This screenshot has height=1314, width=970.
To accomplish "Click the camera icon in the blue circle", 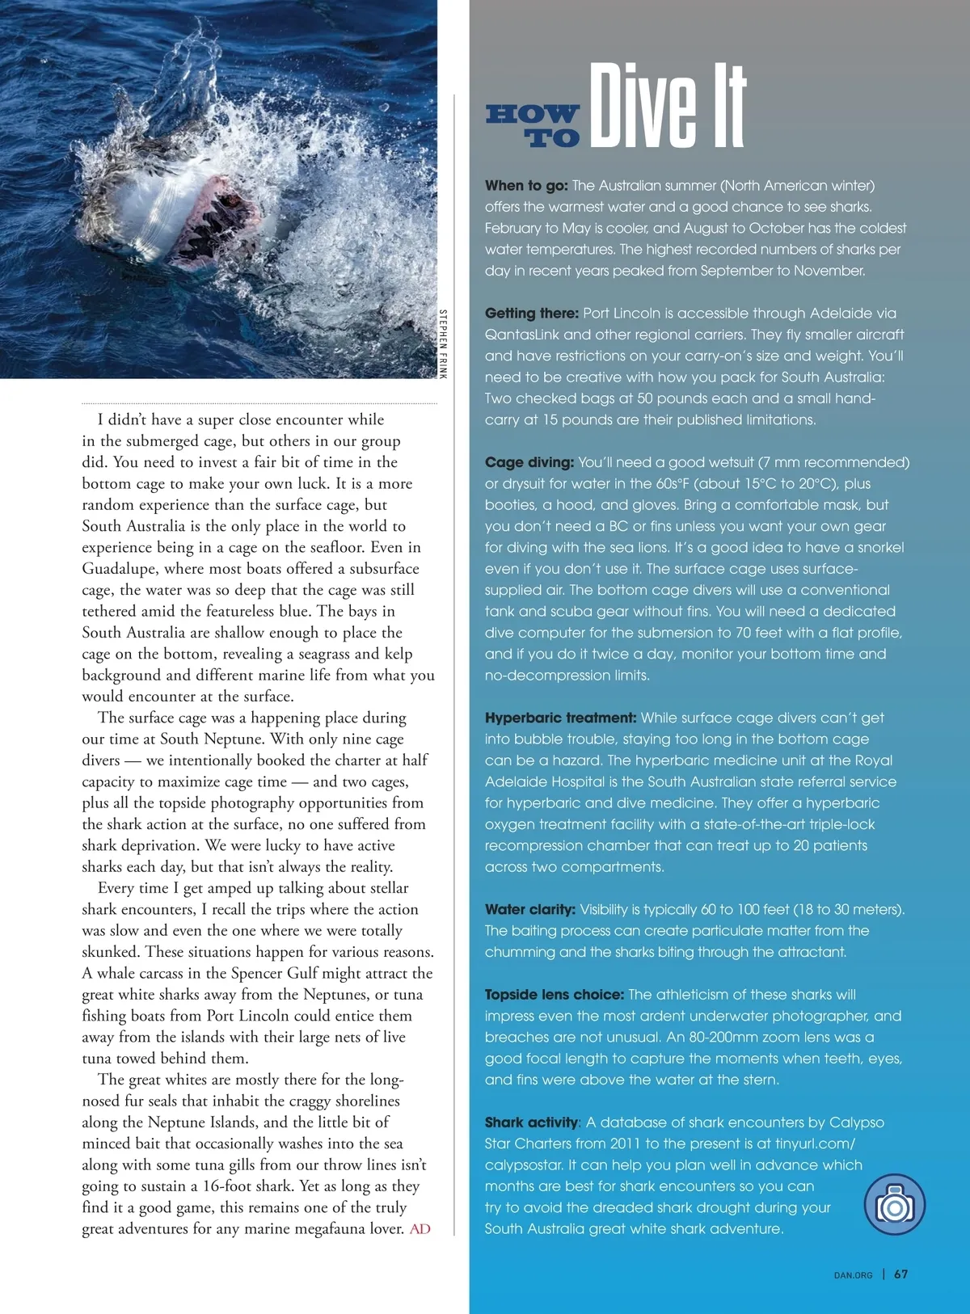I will coord(894,1206).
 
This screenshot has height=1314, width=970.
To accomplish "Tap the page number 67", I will coord(900,1274).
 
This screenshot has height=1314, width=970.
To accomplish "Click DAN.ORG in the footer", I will coord(853,1275).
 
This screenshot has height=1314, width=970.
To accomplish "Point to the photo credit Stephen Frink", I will coord(443,343).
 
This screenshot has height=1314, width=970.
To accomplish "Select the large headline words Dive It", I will coord(668,107).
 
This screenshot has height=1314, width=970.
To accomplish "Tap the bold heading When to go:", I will coord(526,186).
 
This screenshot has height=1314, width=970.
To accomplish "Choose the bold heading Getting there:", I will coord(531,314).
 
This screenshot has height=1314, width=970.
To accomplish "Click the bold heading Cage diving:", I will coord(529,462).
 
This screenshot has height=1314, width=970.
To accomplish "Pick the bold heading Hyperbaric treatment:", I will coord(560,718).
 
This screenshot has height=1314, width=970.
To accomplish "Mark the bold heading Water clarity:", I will coord(529,909).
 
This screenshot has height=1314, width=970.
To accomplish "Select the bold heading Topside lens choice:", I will coord(554,995).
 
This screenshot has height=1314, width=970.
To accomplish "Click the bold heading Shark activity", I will coord(531,1122).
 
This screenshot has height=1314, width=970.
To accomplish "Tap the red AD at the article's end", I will coord(420,1229).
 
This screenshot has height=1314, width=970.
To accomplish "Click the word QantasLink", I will coord(521,335).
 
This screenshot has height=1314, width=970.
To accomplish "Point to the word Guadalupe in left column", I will coord(119,569).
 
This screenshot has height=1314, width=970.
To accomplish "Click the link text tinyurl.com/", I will coord(815,1143).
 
